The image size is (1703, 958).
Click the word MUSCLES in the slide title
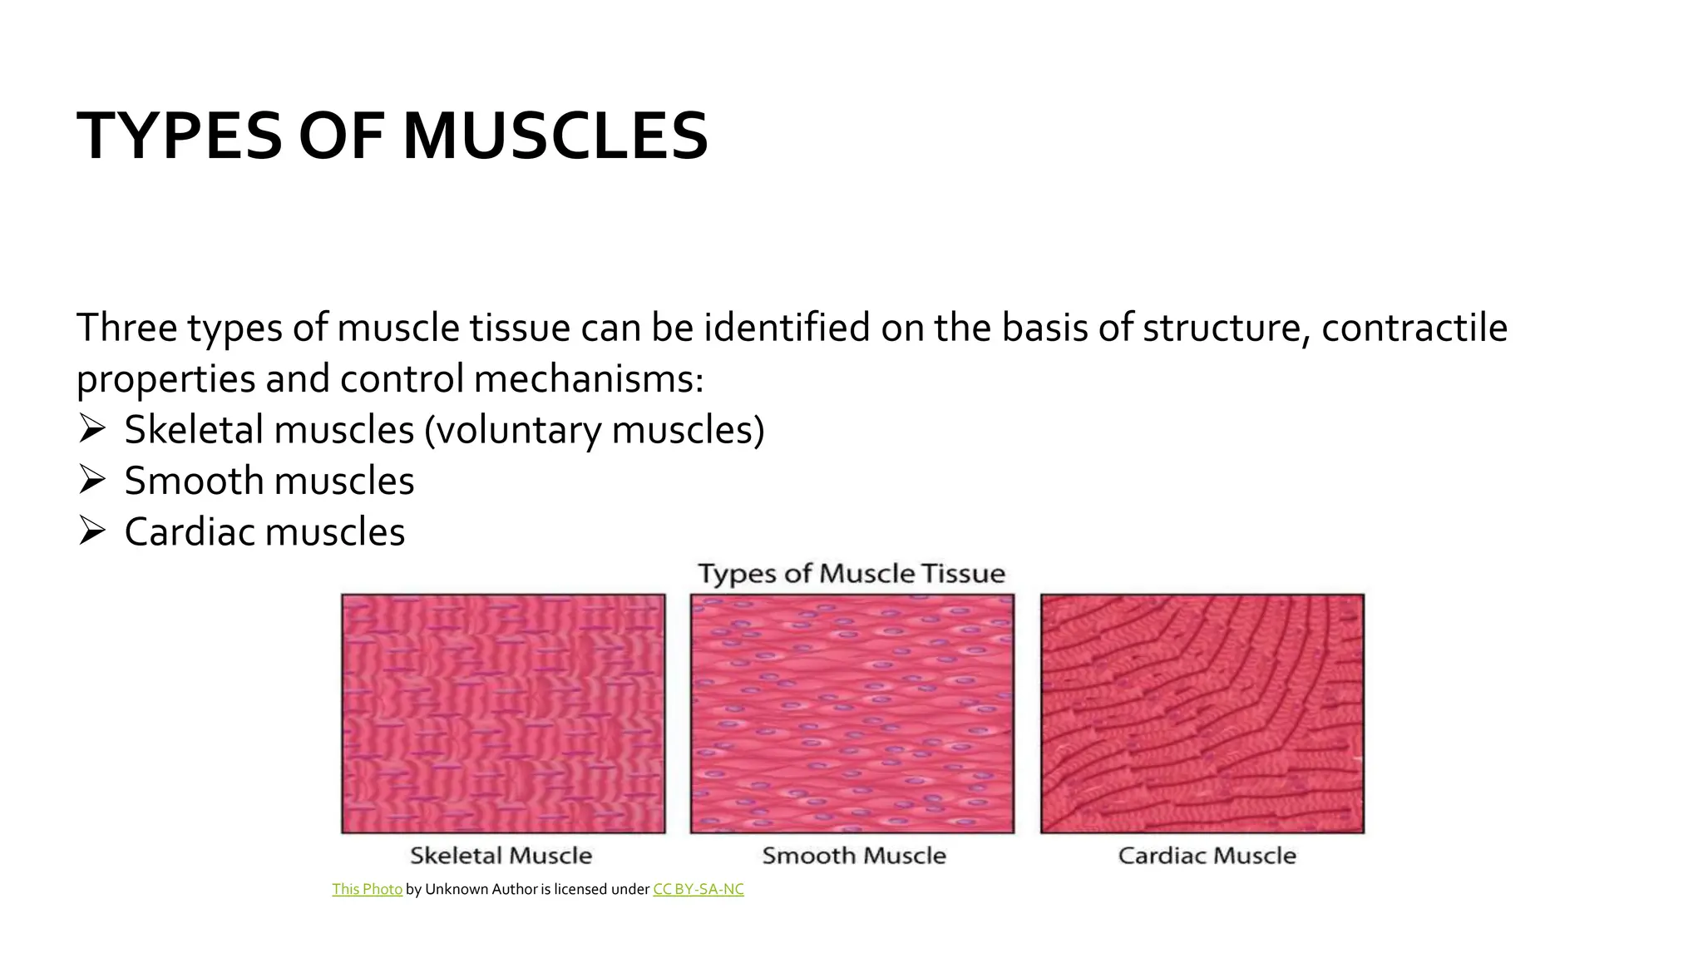(x=555, y=136)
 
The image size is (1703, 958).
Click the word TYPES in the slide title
(x=179, y=136)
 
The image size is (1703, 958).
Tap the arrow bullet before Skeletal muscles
(x=91, y=430)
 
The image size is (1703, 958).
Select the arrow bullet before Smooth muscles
(x=91, y=481)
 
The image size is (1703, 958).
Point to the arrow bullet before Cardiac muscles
(x=91, y=531)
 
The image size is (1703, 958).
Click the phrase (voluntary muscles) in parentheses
(x=594, y=431)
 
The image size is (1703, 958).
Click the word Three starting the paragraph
(x=126, y=328)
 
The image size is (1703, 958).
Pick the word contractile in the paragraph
(x=1414, y=328)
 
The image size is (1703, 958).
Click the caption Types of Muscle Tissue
(x=851, y=574)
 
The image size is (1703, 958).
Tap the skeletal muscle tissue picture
(x=503, y=714)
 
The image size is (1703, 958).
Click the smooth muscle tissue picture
(x=852, y=714)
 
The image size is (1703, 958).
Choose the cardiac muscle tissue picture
(x=1202, y=714)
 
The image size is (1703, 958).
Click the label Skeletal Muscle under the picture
(x=501, y=856)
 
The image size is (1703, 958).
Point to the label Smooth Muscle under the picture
(x=854, y=856)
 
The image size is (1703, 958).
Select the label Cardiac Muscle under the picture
(x=1207, y=856)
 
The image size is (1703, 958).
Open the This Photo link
(x=367, y=890)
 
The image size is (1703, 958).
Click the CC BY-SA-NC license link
(x=698, y=890)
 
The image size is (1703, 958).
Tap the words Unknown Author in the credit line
(x=481, y=890)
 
